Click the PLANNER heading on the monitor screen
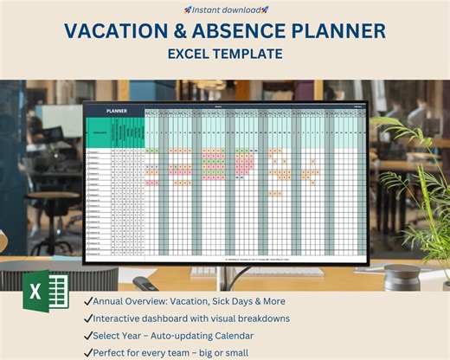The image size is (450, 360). click(117, 111)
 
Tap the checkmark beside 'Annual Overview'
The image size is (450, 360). click(89, 301)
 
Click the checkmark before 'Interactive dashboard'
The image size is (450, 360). click(89, 318)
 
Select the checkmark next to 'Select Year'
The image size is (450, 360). click(89, 335)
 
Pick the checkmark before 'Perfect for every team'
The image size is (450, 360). click(89, 352)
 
